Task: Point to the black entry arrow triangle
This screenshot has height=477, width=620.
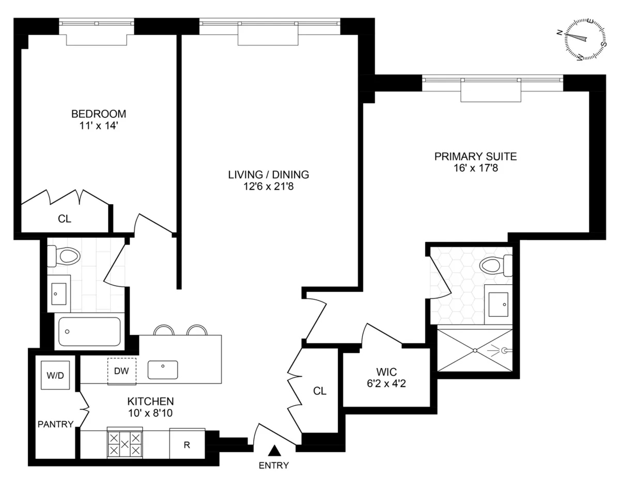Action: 275,451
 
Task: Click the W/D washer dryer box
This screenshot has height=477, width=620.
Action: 56,375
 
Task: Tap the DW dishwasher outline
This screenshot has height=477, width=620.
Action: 122,371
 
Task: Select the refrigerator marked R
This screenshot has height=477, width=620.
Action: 187,444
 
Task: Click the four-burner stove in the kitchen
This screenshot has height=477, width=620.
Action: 124,443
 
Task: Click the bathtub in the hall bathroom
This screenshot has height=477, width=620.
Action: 89,331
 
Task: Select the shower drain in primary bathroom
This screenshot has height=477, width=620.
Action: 475,350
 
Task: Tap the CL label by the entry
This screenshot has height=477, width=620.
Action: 320,391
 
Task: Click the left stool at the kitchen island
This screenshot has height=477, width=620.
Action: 164,331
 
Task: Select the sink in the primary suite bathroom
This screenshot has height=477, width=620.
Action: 500,304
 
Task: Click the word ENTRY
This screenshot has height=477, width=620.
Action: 274,465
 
